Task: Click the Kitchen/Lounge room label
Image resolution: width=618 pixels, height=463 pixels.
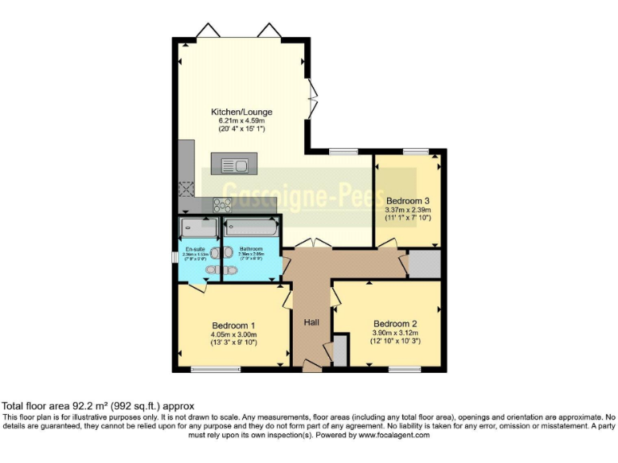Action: point(241,112)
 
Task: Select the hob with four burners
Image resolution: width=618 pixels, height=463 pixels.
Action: point(222,205)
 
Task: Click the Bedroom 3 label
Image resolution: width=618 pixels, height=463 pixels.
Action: point(408,200)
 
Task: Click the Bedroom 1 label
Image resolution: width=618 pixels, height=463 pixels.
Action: point(228,325)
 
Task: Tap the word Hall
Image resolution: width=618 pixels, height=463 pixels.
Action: point(312,322)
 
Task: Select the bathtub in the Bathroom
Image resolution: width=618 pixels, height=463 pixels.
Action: point(250,227)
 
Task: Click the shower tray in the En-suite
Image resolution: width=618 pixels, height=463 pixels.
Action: point(199,227)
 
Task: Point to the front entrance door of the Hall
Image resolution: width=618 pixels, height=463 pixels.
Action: point(311,367)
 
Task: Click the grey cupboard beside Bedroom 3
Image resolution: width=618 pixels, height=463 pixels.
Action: point(424,264)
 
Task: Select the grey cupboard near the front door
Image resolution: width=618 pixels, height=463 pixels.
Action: point(340,350)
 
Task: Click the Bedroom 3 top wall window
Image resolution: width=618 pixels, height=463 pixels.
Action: point(415,151)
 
